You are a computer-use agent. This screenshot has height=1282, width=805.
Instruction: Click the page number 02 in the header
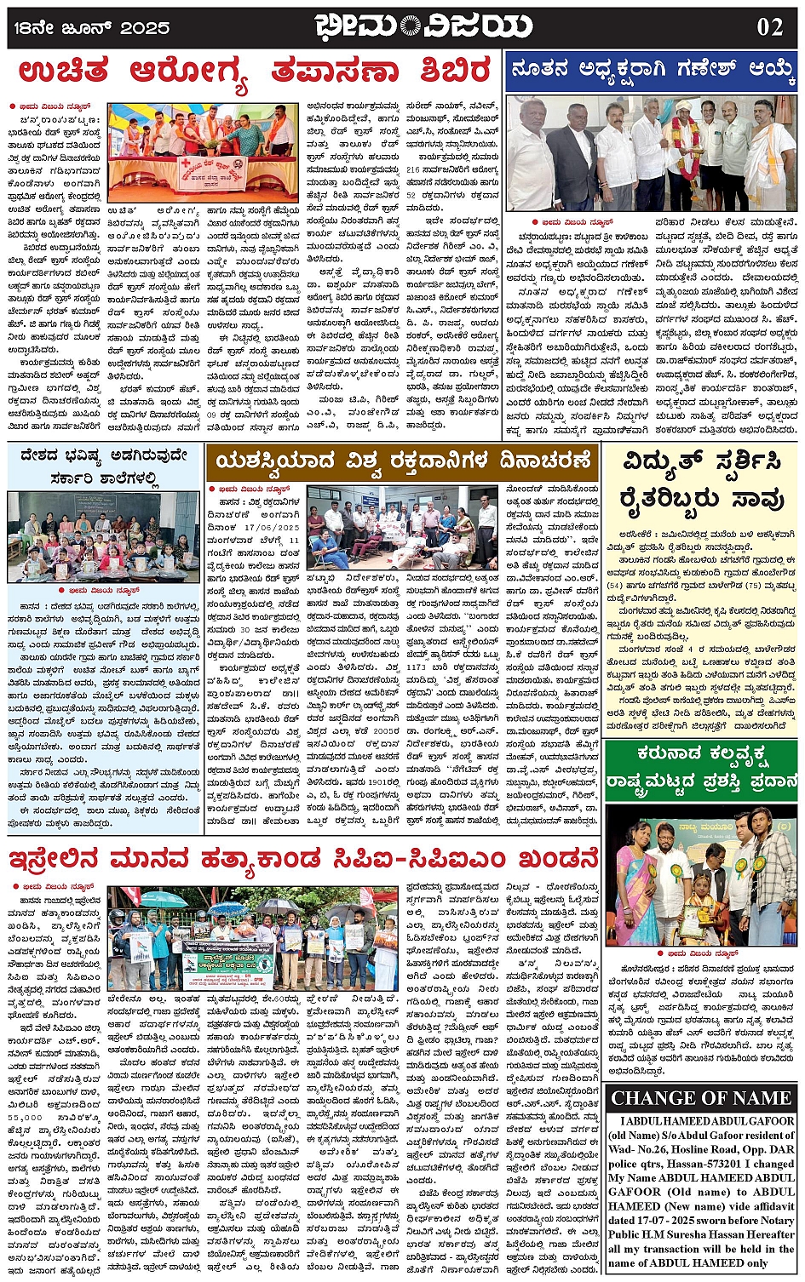[768, 26]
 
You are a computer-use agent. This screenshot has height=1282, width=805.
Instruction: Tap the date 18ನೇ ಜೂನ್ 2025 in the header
[92, 27]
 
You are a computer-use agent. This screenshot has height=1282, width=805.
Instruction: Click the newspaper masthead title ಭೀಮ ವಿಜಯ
[423, 26]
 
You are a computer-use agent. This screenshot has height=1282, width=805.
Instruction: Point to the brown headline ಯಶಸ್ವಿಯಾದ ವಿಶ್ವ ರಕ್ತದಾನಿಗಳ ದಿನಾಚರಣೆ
[403, 461]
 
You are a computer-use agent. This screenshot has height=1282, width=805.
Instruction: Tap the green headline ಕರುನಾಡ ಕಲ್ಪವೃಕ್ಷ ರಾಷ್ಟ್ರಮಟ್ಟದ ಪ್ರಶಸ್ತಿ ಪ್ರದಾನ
[701, 765]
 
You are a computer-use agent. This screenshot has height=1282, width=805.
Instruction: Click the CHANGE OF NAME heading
[701, 1097]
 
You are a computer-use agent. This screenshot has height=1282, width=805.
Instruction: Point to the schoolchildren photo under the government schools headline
[104, 537]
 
